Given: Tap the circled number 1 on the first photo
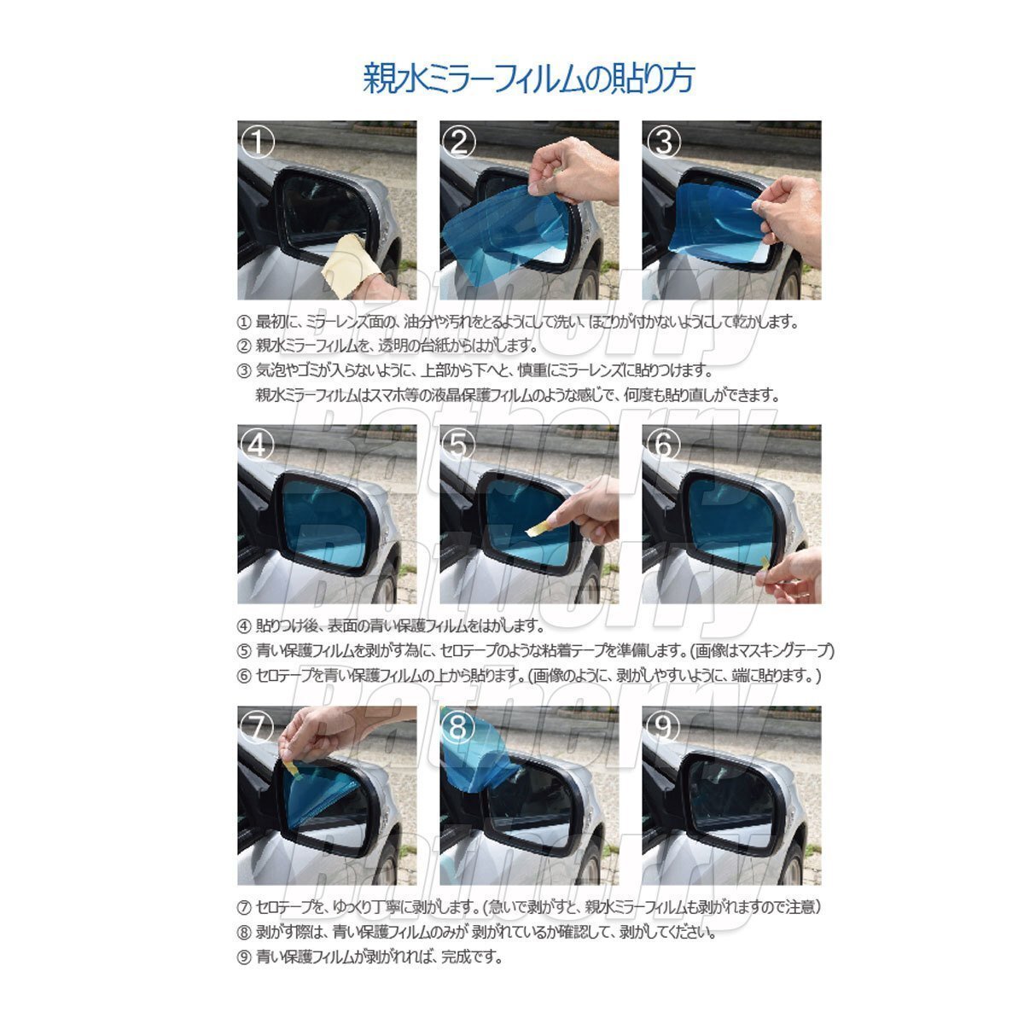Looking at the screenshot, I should coord(257,142).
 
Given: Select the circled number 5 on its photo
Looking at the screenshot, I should coord(460,444).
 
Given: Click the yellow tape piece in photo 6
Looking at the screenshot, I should coord(765,567).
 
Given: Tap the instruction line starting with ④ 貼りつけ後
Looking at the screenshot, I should coord(388,625).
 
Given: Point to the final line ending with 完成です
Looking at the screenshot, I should coord(369,957).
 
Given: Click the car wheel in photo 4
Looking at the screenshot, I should coord(386,585).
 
